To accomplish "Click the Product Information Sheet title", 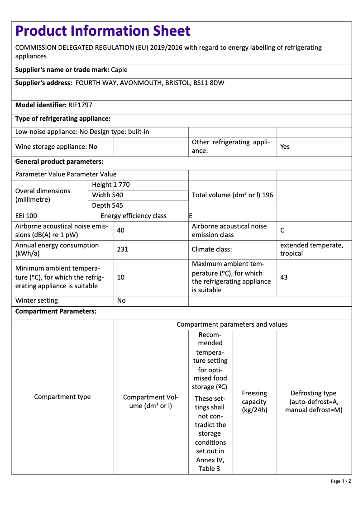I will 103,31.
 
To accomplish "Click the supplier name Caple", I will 119,70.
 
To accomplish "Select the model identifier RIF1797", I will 80,105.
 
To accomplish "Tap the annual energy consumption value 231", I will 122,249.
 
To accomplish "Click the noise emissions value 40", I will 121,230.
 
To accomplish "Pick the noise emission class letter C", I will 282,230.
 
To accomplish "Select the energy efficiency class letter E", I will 191,216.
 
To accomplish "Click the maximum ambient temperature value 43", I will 284,277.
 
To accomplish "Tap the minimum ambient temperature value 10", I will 121,277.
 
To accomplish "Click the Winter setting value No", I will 121,300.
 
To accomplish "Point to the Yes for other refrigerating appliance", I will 285,147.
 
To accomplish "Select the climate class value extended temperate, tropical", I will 311,249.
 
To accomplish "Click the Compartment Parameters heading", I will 56,311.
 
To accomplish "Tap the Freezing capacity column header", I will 254,402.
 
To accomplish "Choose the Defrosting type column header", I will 314,402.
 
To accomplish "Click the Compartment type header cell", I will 62,397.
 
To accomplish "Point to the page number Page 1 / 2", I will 341,481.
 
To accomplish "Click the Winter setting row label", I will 37,300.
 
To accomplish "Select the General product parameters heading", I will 59,161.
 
